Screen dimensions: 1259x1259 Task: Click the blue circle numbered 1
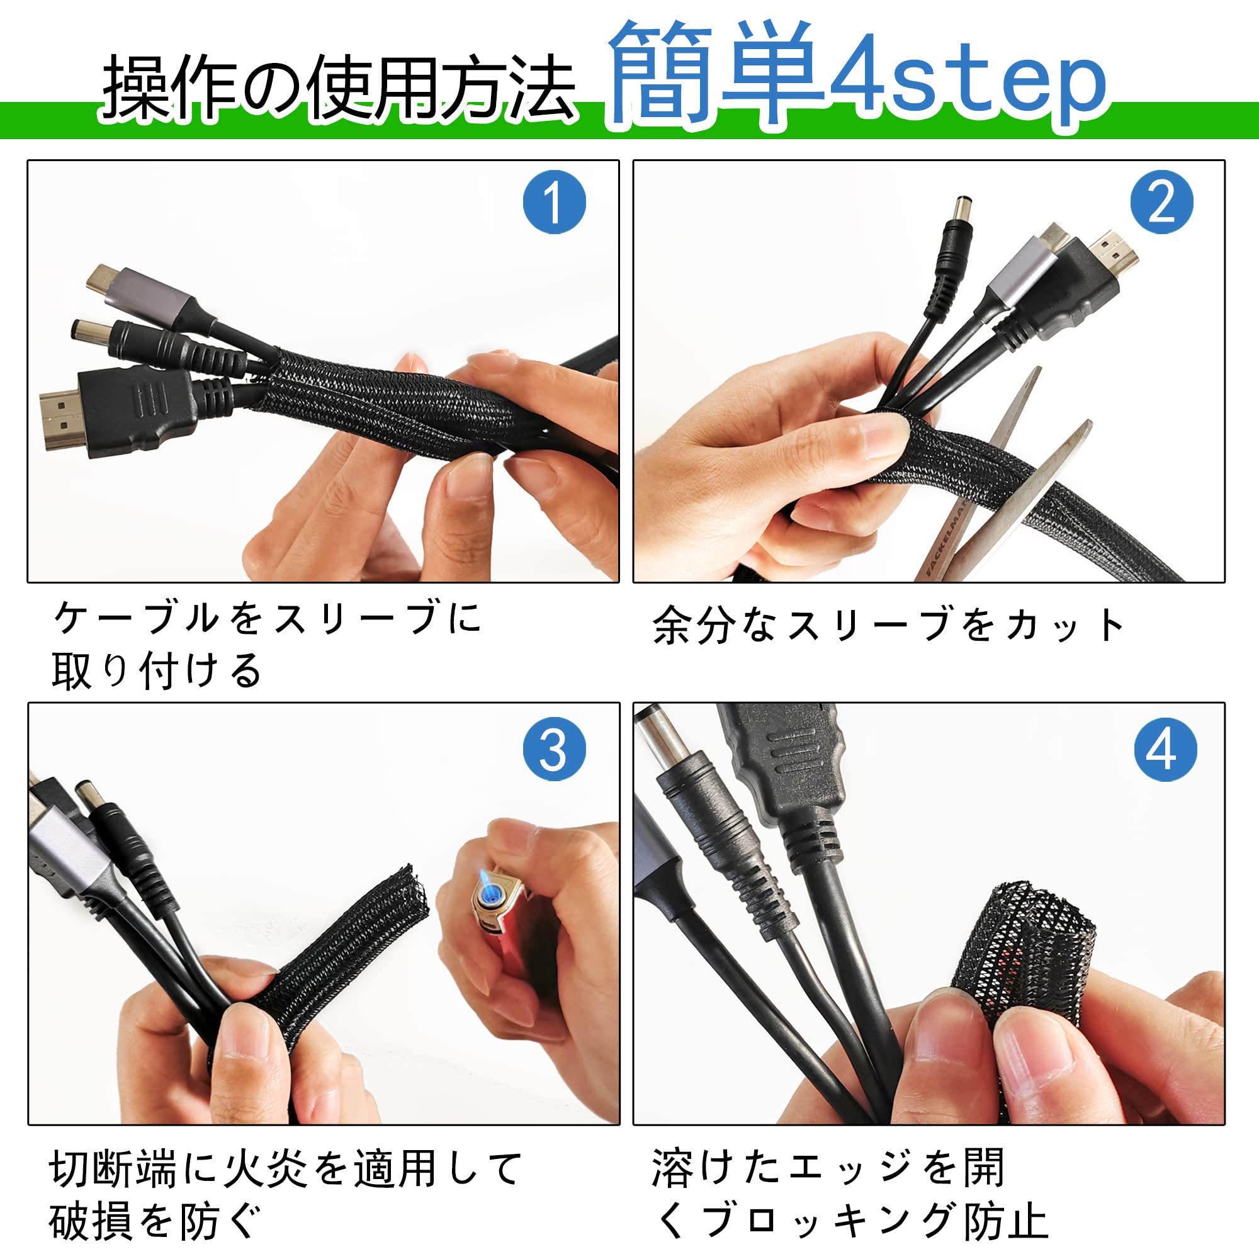[554, 202]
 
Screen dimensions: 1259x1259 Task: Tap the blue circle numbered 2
[1162, 202]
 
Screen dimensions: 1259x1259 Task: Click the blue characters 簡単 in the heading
[716, 73]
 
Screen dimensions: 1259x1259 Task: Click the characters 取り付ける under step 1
[156, 670]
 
